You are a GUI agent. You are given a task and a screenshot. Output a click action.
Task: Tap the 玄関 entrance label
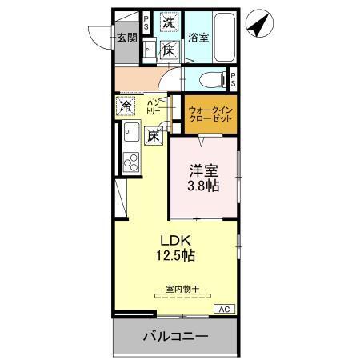pos(126,38)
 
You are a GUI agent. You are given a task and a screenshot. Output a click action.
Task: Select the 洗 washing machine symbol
pos(169,23)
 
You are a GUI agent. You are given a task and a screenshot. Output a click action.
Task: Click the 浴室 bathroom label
pos(198,38)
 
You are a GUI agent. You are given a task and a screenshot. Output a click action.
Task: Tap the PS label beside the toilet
pos(234,79)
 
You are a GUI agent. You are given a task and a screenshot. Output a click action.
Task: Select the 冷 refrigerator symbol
pos(126,106)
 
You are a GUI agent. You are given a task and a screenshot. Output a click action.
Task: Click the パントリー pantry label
pos(154,106)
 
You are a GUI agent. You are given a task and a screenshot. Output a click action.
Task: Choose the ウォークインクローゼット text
pos(210,114)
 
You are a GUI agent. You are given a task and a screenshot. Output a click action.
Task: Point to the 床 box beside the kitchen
pos(154,136)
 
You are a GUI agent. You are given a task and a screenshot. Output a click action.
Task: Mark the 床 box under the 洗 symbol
pos(169,50)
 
